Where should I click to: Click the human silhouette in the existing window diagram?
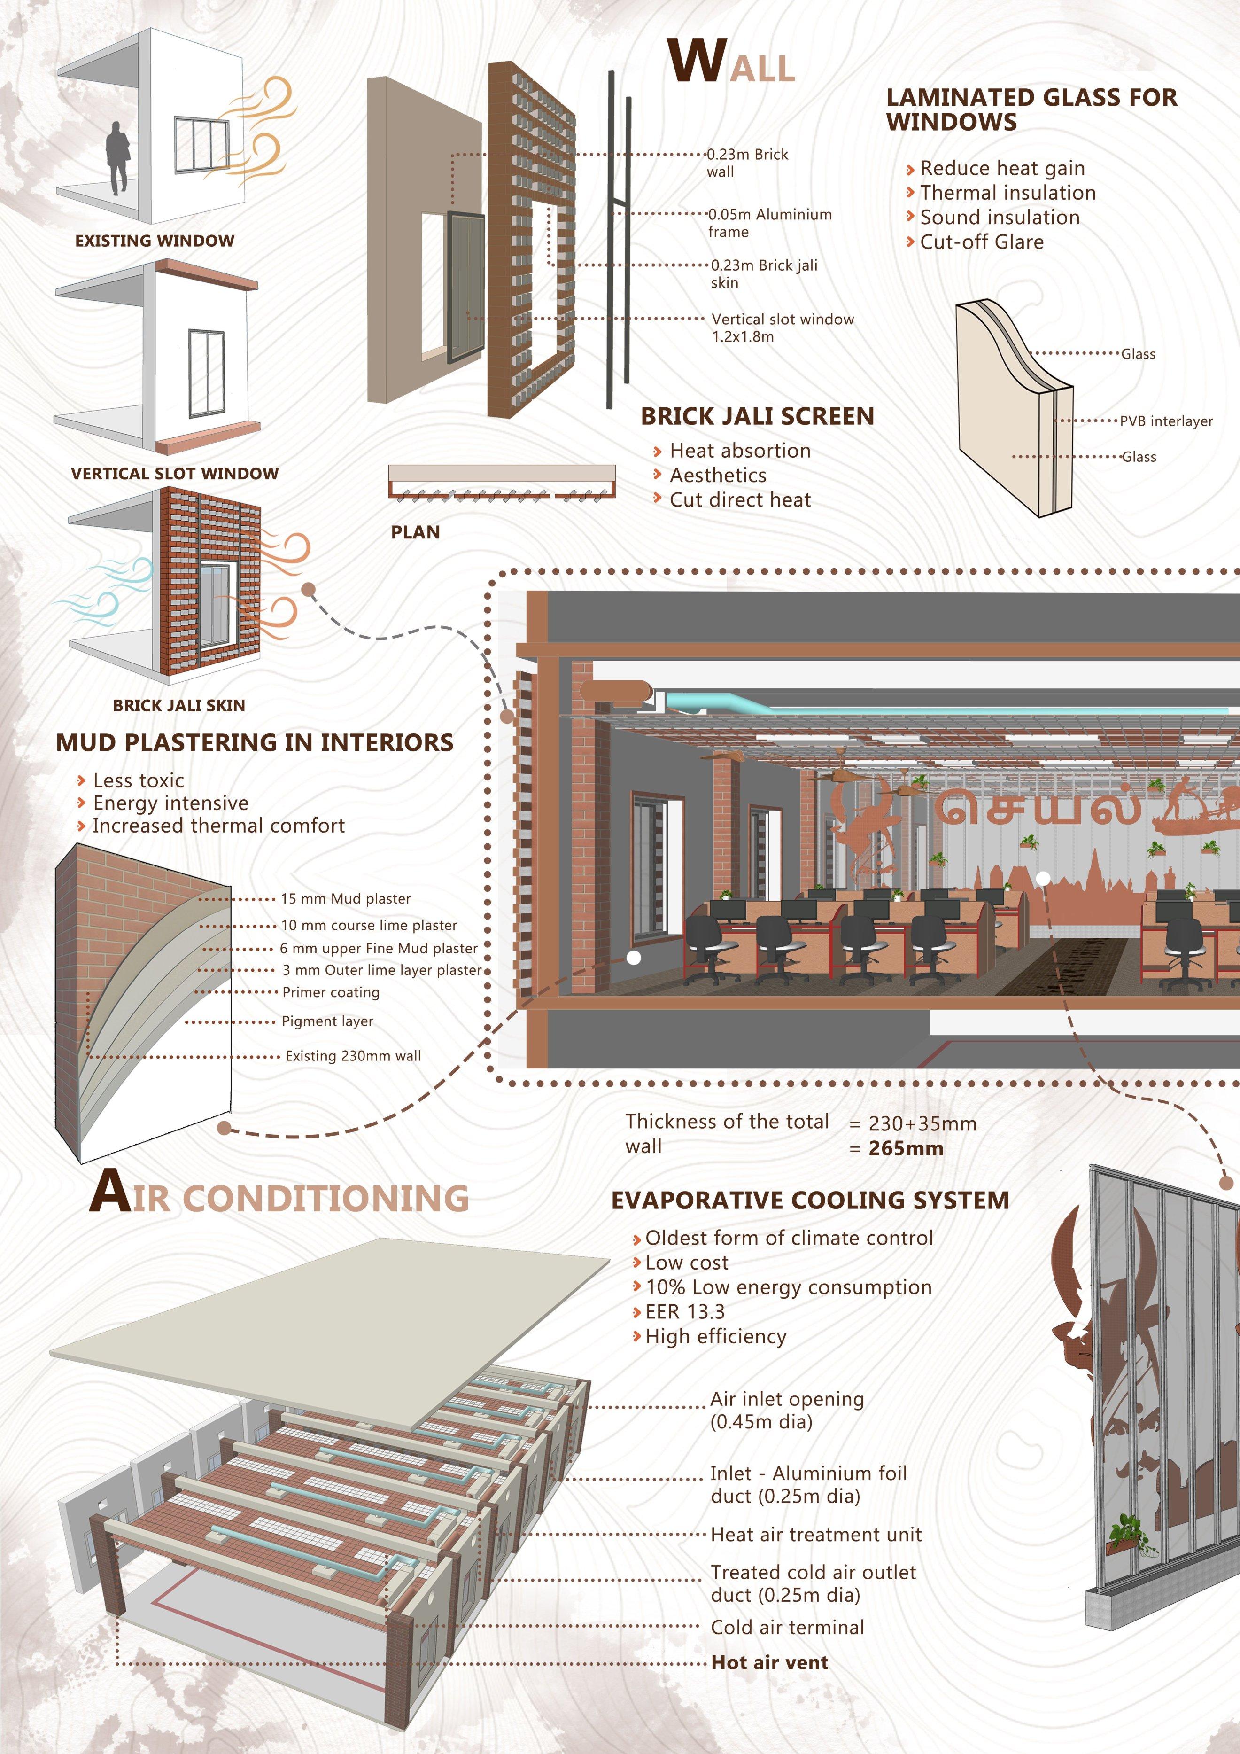tap(117, 158)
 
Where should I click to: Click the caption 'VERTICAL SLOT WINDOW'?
tap(175, 474)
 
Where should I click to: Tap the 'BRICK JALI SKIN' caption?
tap(178, 706)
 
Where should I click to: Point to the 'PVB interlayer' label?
tap(1166, 421)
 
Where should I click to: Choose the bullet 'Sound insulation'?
tap(1000, 218)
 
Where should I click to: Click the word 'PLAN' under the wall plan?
tap(415, 532)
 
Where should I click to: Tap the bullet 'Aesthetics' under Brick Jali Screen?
tap(718, 475)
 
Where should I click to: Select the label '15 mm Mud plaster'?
tap(346, 899)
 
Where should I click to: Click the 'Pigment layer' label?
tap(327, 1021)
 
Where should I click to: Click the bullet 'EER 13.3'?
tap(684, 1312)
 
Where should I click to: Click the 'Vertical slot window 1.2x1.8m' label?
tap(783, 327)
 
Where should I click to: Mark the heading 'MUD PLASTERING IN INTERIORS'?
tap(254, 742)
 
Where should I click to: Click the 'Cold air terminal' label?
tap(787, 1627)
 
